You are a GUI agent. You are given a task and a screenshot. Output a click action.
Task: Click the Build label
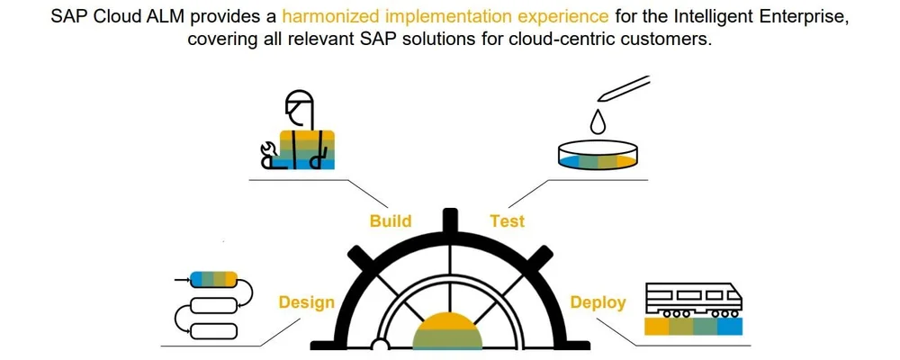pos(391,220)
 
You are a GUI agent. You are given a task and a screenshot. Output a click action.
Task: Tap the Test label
pos(507,220)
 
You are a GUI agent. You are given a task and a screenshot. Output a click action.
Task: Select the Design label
pos(306,302)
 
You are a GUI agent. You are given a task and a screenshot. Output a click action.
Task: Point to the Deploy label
pos(598,302)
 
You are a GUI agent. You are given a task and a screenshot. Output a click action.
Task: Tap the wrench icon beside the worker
pos(266,155)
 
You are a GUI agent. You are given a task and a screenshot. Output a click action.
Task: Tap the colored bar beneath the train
pos(694,327)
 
